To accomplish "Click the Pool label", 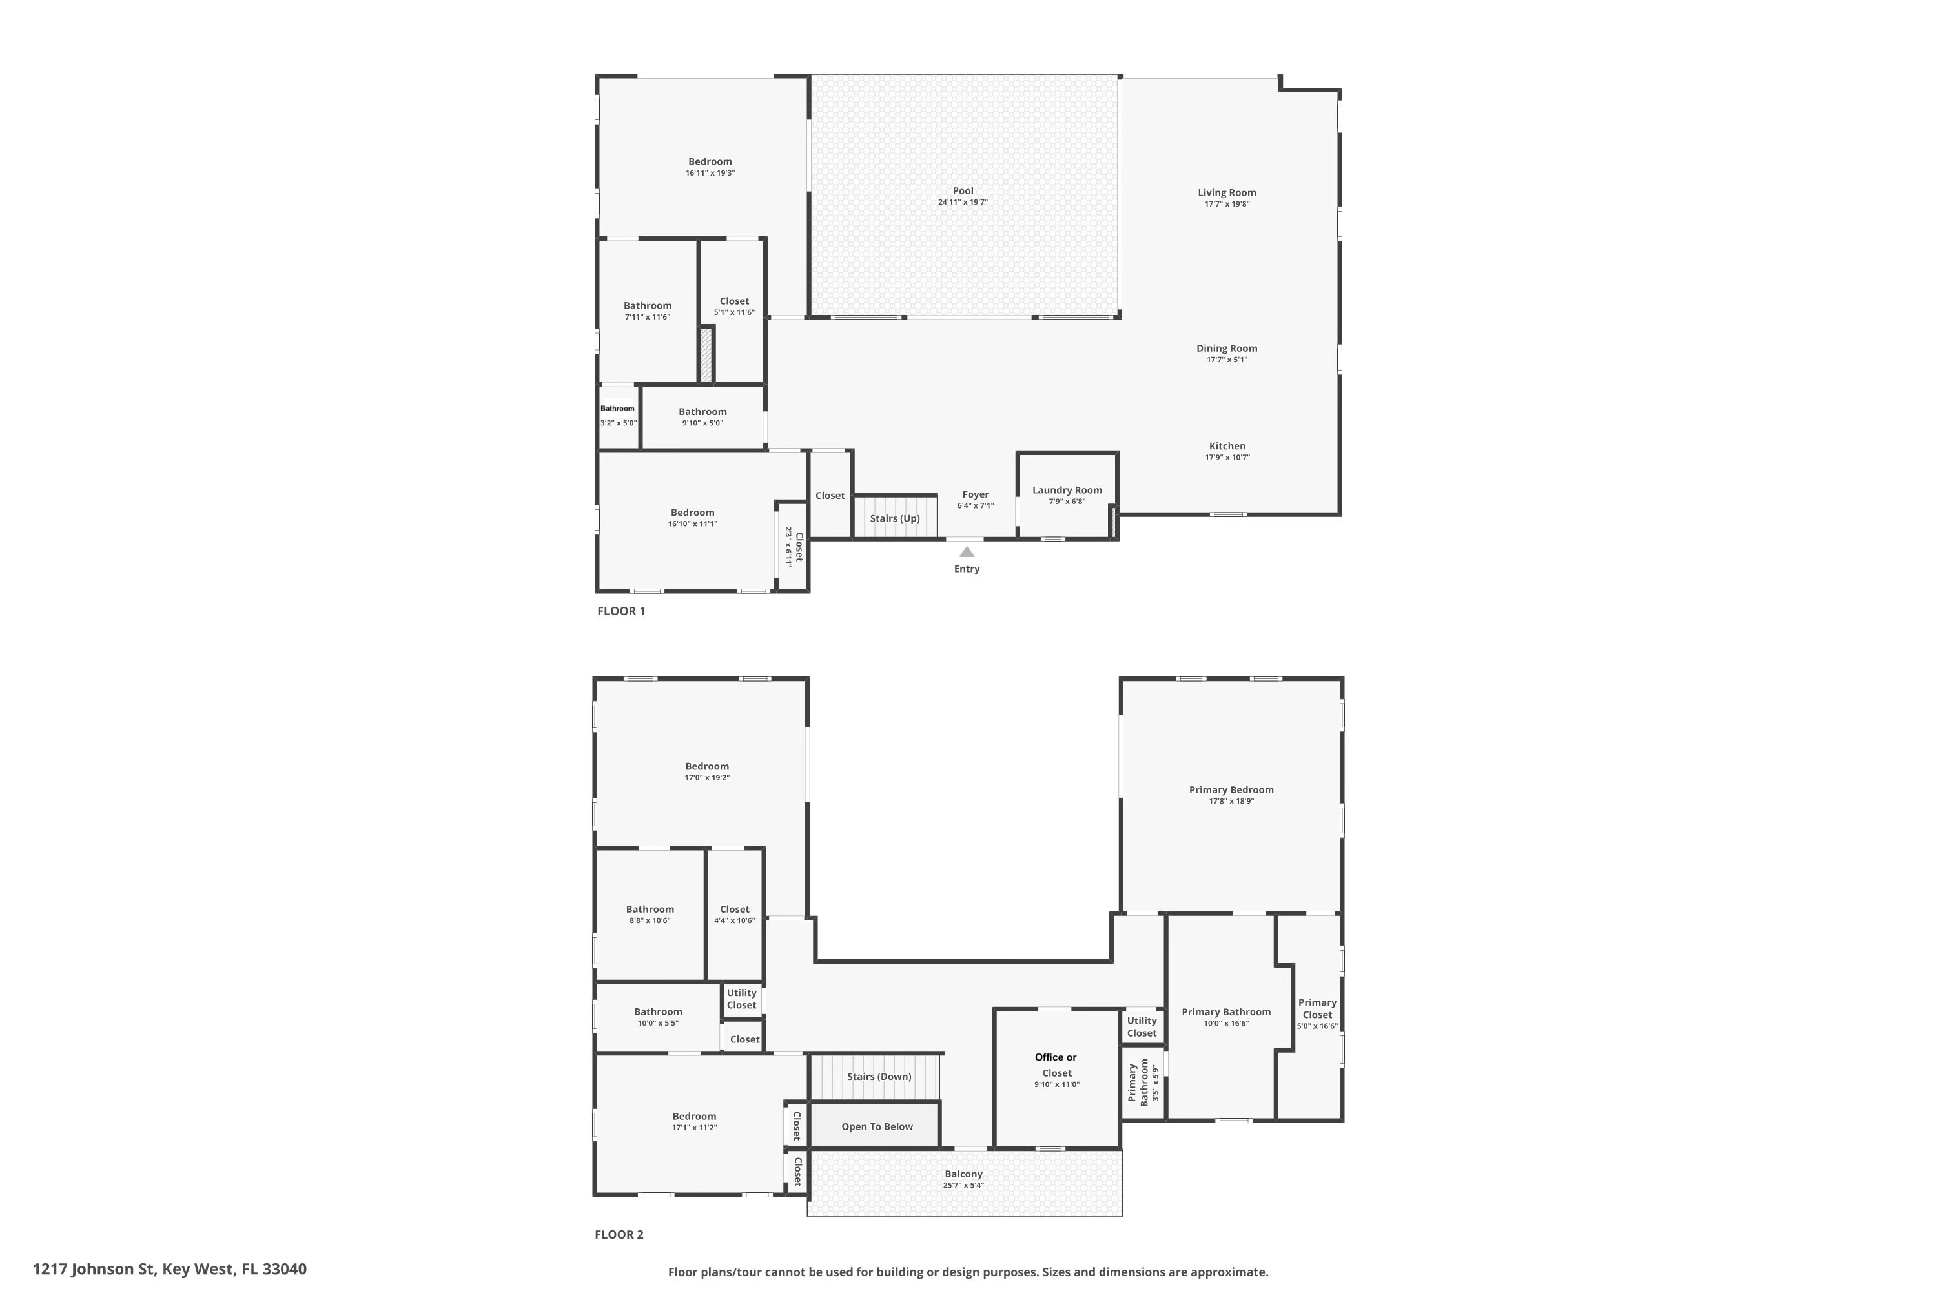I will point(962,191).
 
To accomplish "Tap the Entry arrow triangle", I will point(967,553).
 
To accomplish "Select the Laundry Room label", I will point(1067,491).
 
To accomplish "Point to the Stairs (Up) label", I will point(894,519).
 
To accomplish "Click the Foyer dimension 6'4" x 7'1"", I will point(975,506).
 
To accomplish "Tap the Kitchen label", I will point(1226,446).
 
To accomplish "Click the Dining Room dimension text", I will point(1226,360).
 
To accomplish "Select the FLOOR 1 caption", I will point(621,611).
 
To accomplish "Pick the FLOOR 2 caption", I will point(619,1234).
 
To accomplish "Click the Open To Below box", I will point(876,1126).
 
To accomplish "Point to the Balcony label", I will point(963,1174).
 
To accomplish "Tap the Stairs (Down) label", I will point(879,1077).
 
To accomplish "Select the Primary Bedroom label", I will point(1231,790).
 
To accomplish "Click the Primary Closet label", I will point(1317,1008).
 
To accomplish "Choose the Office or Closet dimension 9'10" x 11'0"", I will point(1056,1085).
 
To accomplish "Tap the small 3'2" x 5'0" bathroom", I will point(618,416).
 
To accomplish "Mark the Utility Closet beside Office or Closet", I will point(1142,1027).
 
